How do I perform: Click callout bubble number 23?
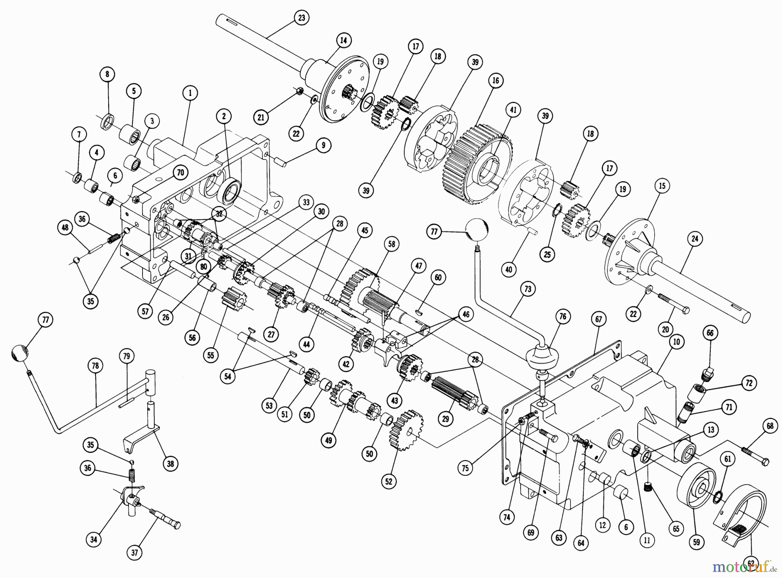point(301,18)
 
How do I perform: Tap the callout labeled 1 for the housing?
point(190,93)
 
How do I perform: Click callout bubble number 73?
point(527,289)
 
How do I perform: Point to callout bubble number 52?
point(388,481)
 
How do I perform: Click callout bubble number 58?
point(391,244)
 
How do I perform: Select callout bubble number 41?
point(513,110)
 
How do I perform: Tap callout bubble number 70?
point(180,173)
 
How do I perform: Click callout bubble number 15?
point(662,186)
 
